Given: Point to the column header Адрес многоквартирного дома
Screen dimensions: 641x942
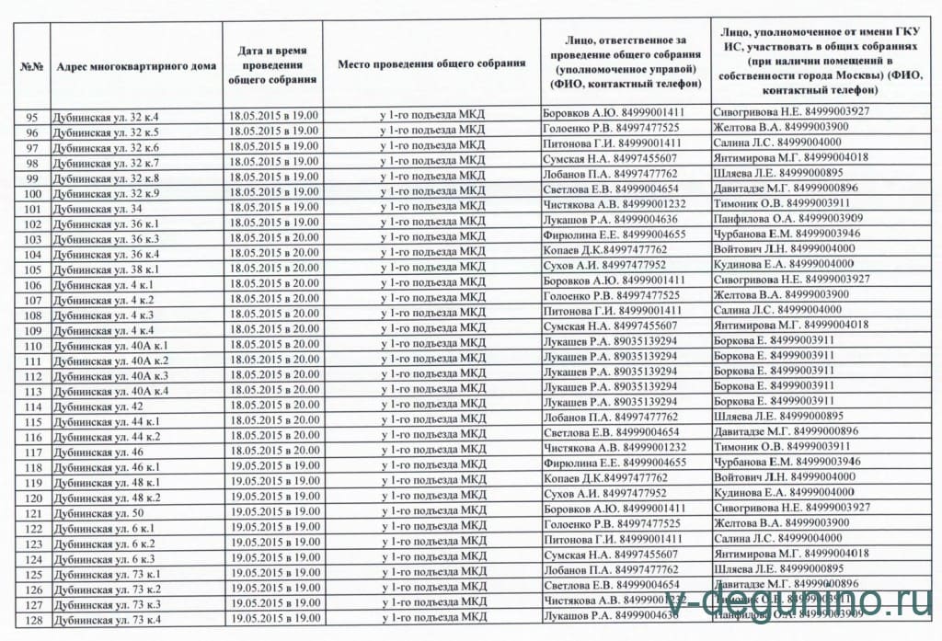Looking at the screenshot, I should [x=135, y=66].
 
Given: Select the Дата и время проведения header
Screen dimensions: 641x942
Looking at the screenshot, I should [x=272, y=64].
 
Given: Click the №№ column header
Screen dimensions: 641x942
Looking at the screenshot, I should [x=32, y=66].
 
